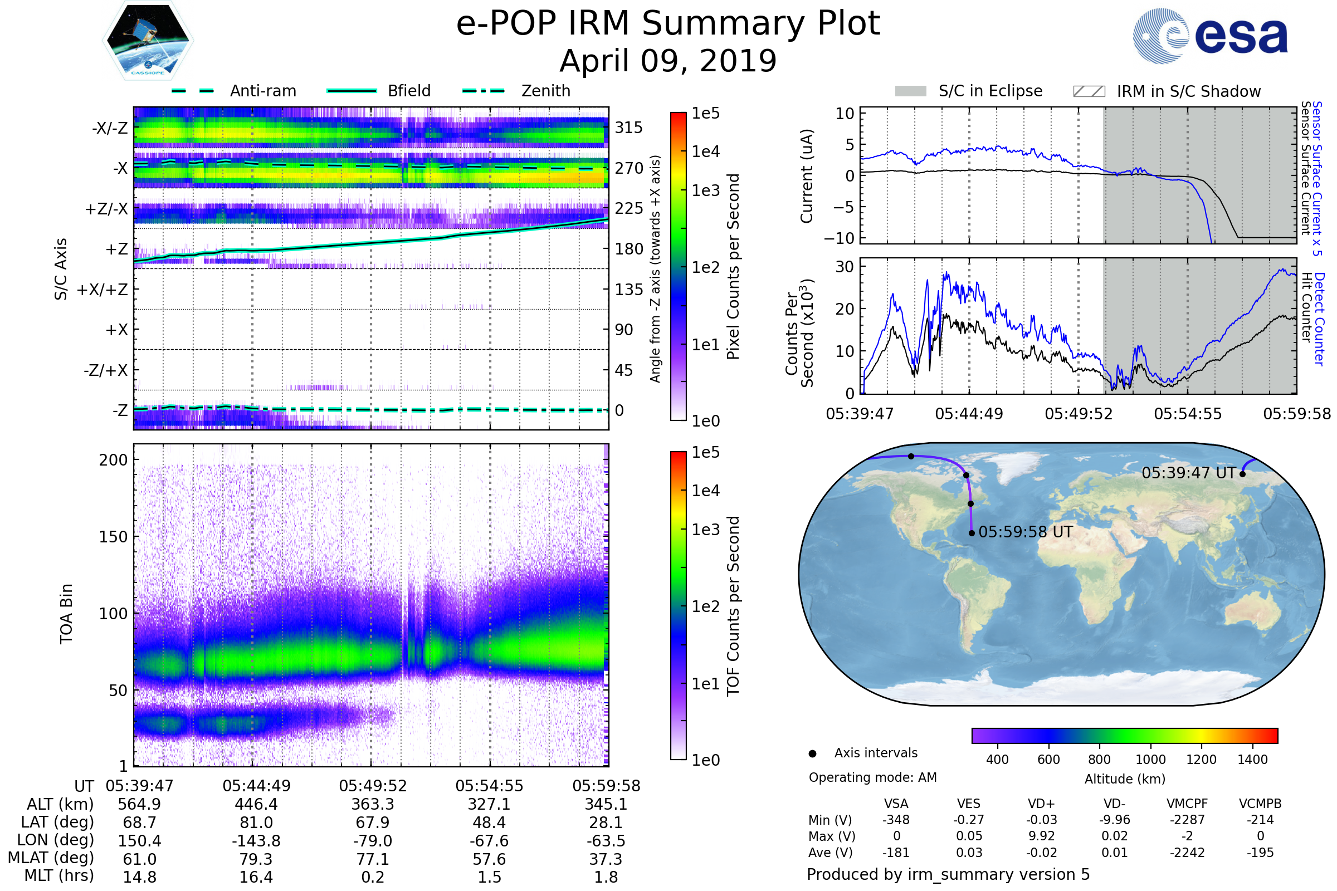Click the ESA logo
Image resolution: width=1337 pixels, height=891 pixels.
(1209, 36)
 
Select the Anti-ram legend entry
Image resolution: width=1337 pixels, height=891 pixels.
(262, 91)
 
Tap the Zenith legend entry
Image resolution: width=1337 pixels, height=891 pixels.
(545, 91)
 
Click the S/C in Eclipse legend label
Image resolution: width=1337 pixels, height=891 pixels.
(990, 91)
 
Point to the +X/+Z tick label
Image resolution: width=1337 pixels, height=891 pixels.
(103, 290)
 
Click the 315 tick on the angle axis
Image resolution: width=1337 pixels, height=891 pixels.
(628, 128)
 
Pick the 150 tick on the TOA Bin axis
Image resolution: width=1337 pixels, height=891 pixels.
(113, 537)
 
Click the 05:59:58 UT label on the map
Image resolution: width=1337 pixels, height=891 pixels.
(1026, 532)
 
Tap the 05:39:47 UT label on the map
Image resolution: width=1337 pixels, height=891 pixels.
(1189, 473)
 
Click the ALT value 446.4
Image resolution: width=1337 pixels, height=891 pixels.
(256, 804)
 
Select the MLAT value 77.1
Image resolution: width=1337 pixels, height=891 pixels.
(373, 859)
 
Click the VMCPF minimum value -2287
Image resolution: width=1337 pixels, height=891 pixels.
(1187, 820)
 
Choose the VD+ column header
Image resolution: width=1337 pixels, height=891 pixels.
(1041, 804)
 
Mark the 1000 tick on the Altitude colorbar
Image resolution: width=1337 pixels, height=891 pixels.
(1150, 760)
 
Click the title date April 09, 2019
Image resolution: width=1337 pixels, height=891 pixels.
(668, 61)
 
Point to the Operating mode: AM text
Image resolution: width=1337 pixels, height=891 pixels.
(872, 777)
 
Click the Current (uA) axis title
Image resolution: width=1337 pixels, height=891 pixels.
(807, 176)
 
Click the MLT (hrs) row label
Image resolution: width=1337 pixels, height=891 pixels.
(59, 875)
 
